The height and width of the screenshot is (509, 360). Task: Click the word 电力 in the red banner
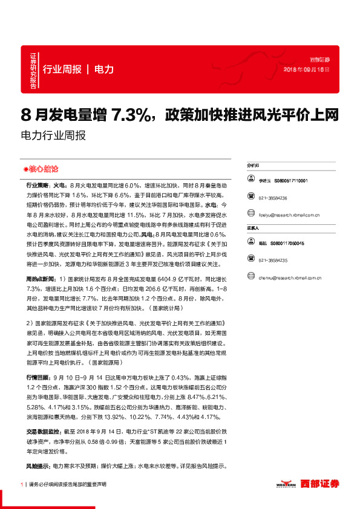coord(104,70)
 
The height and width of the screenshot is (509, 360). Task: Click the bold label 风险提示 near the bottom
coord(36,466)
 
